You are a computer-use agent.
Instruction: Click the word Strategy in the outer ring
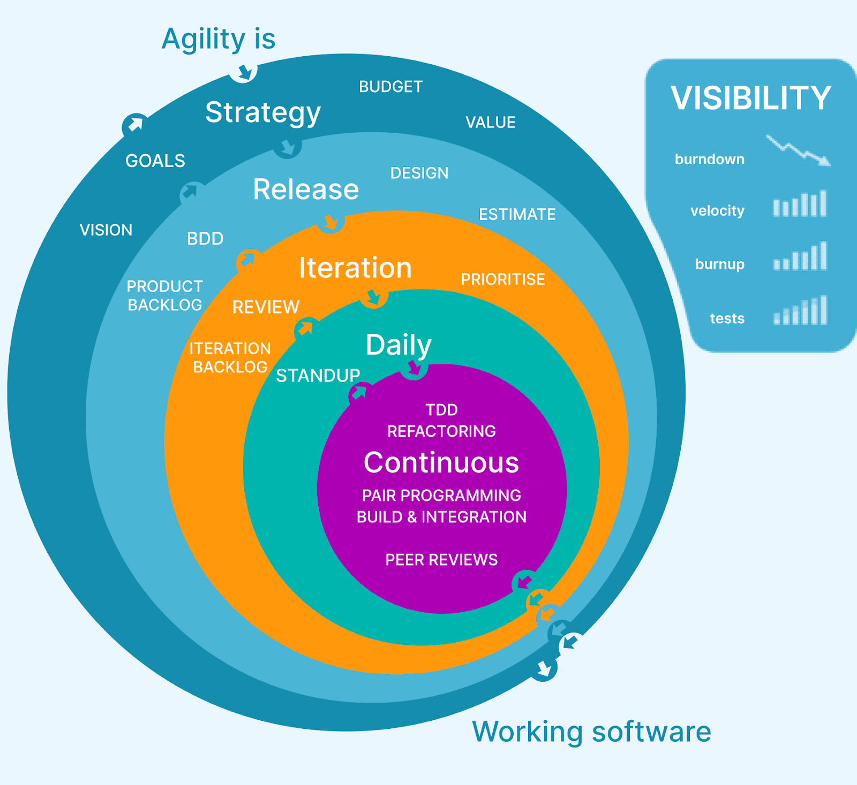(x=263, y=113)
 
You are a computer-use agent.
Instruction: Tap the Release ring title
(x=306, y=189)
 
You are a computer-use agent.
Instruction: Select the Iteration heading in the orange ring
(x=355, y=268)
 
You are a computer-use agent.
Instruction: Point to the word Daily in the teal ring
(x=399, y=345)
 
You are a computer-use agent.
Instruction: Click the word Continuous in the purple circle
(x=441, y=463)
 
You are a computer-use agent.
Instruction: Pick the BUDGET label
(x=390, y=87)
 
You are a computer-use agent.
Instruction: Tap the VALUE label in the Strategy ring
(x=490, y=123)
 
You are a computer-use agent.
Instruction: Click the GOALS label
(x=155, y=161)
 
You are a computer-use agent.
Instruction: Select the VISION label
(x=106, y=230)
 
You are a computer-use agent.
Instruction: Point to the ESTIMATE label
(x=517, y=215)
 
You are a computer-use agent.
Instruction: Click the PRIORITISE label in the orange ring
(x=503, y=279)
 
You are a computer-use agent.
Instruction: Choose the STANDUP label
(x=318, y=376)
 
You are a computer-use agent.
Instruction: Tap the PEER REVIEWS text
(x=441, y=560)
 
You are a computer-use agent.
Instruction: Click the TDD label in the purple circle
(x=441, y=410)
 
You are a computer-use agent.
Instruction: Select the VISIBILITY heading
(x=750, y=98)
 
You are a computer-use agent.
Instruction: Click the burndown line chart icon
(x=798, y=151)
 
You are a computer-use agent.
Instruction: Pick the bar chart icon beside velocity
(x=800, y=204)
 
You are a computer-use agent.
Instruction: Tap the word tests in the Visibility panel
(x=727, y=318)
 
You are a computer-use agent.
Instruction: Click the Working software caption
(x=591, y=731)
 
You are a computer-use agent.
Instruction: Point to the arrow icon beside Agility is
(x=244, y=71)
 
